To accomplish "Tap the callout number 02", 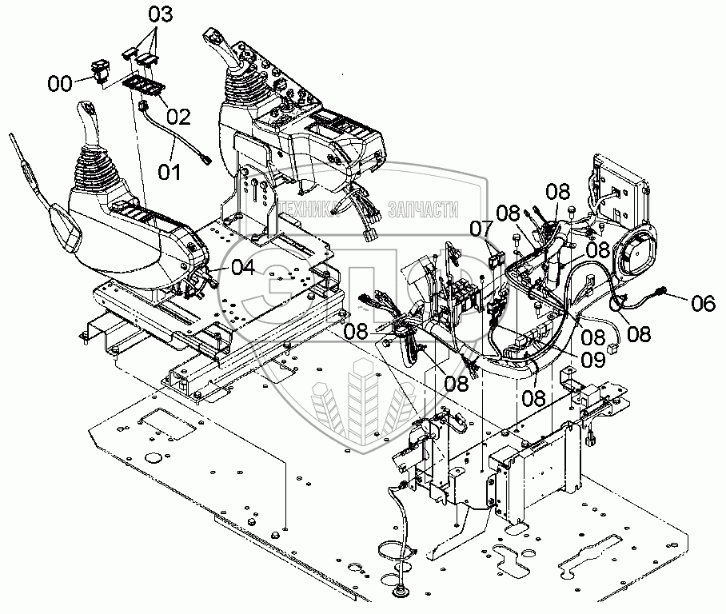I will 178,117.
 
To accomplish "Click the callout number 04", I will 242,269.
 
